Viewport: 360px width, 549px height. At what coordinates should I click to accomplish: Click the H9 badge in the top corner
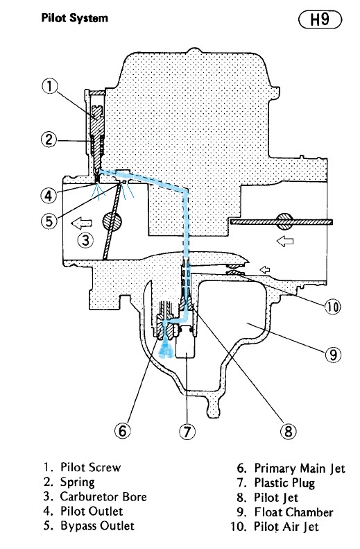pyautogui.click(x=320, y=19)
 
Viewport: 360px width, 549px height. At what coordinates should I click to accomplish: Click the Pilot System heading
pyautogui.click(x=74, y=18)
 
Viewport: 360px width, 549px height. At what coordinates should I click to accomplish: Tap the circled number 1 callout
pyautogui.click(x=50, y=87)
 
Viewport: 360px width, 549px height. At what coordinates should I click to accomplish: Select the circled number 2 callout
pyautogui.click(x=49, y=140)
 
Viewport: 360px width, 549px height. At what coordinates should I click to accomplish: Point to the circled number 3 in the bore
pyautogui.click(x=85, y=240)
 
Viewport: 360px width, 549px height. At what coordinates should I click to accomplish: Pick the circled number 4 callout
pyautogui.click(x=49, y=195)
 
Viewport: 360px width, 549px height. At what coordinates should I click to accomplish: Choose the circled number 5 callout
pyautogui.click(x=49, y=221)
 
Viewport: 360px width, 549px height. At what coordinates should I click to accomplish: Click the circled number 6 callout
pyautogui.click(x=123, y=430)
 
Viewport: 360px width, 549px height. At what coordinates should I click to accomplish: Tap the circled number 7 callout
pyautogui.click(x=187, y=432)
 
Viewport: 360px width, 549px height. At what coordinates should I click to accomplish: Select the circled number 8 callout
pyautogui.click(x=289, y=431)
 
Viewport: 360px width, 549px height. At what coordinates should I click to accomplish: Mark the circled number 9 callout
pyautogui.click(x=333, y=355)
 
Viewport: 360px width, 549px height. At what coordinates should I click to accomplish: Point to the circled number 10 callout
pyautogui.click(x=333, y=307)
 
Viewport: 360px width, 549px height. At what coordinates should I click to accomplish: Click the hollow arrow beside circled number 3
pyautogui.click(x=81, y=223)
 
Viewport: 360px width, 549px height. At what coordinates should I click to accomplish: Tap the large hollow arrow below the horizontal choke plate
pyautogui.click(x=285, y=241)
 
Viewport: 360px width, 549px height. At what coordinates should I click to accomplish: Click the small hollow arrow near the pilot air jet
pyautogui.click(x=264, y=269)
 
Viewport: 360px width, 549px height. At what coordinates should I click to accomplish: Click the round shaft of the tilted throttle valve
pyautogui.click(x=112, y=221)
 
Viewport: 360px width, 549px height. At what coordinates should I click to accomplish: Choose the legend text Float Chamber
pyautogui.click(x=293, y=512)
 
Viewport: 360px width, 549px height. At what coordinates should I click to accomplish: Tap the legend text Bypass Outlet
pyautogui.click(x=97, y=526)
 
